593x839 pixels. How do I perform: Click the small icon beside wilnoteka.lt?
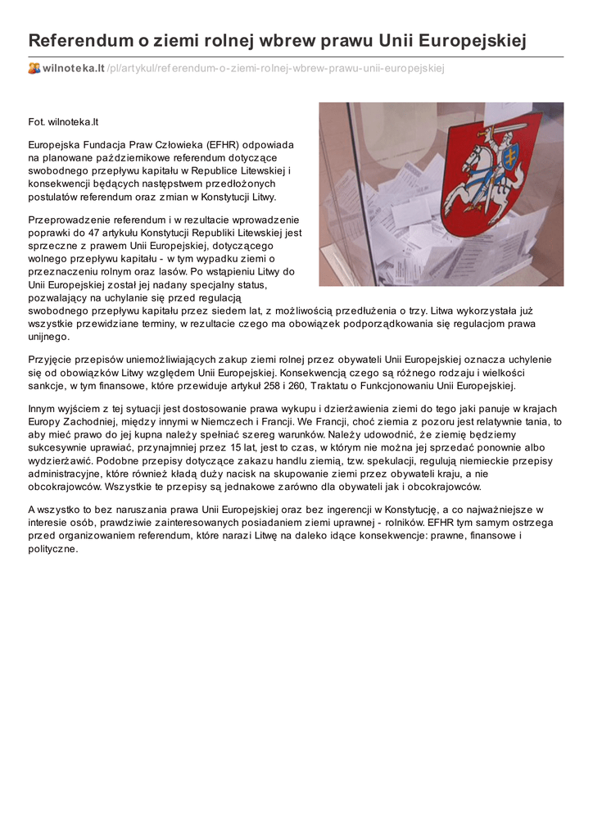click(34, 68)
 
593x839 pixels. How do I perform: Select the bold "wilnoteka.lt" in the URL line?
click(74, 68)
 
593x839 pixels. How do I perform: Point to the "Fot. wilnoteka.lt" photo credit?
click(63, 122)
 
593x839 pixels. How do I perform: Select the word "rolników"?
click(393, 522)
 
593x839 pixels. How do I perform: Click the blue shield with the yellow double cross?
click(509, 156)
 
